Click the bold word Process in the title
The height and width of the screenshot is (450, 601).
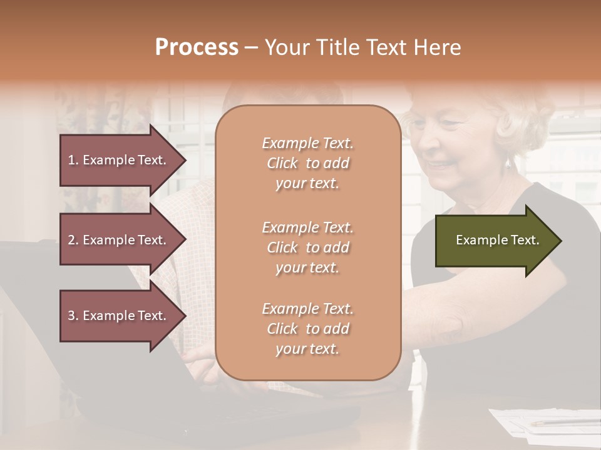[197, 47]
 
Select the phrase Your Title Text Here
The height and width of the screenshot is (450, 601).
[362, 47]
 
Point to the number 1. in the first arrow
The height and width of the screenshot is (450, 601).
[73, 160]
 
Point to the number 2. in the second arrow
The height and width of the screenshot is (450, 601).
[73, 240]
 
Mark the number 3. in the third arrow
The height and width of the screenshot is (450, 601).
[73, 316]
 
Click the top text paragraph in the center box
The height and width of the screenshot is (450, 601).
[307, 163]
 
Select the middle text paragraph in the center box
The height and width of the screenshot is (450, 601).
[307, 247]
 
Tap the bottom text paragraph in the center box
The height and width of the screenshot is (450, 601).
[307, 329]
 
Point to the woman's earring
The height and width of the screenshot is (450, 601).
[508, 164]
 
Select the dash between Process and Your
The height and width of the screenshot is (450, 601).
[251, 47]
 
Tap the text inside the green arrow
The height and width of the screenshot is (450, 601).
[498, 240]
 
